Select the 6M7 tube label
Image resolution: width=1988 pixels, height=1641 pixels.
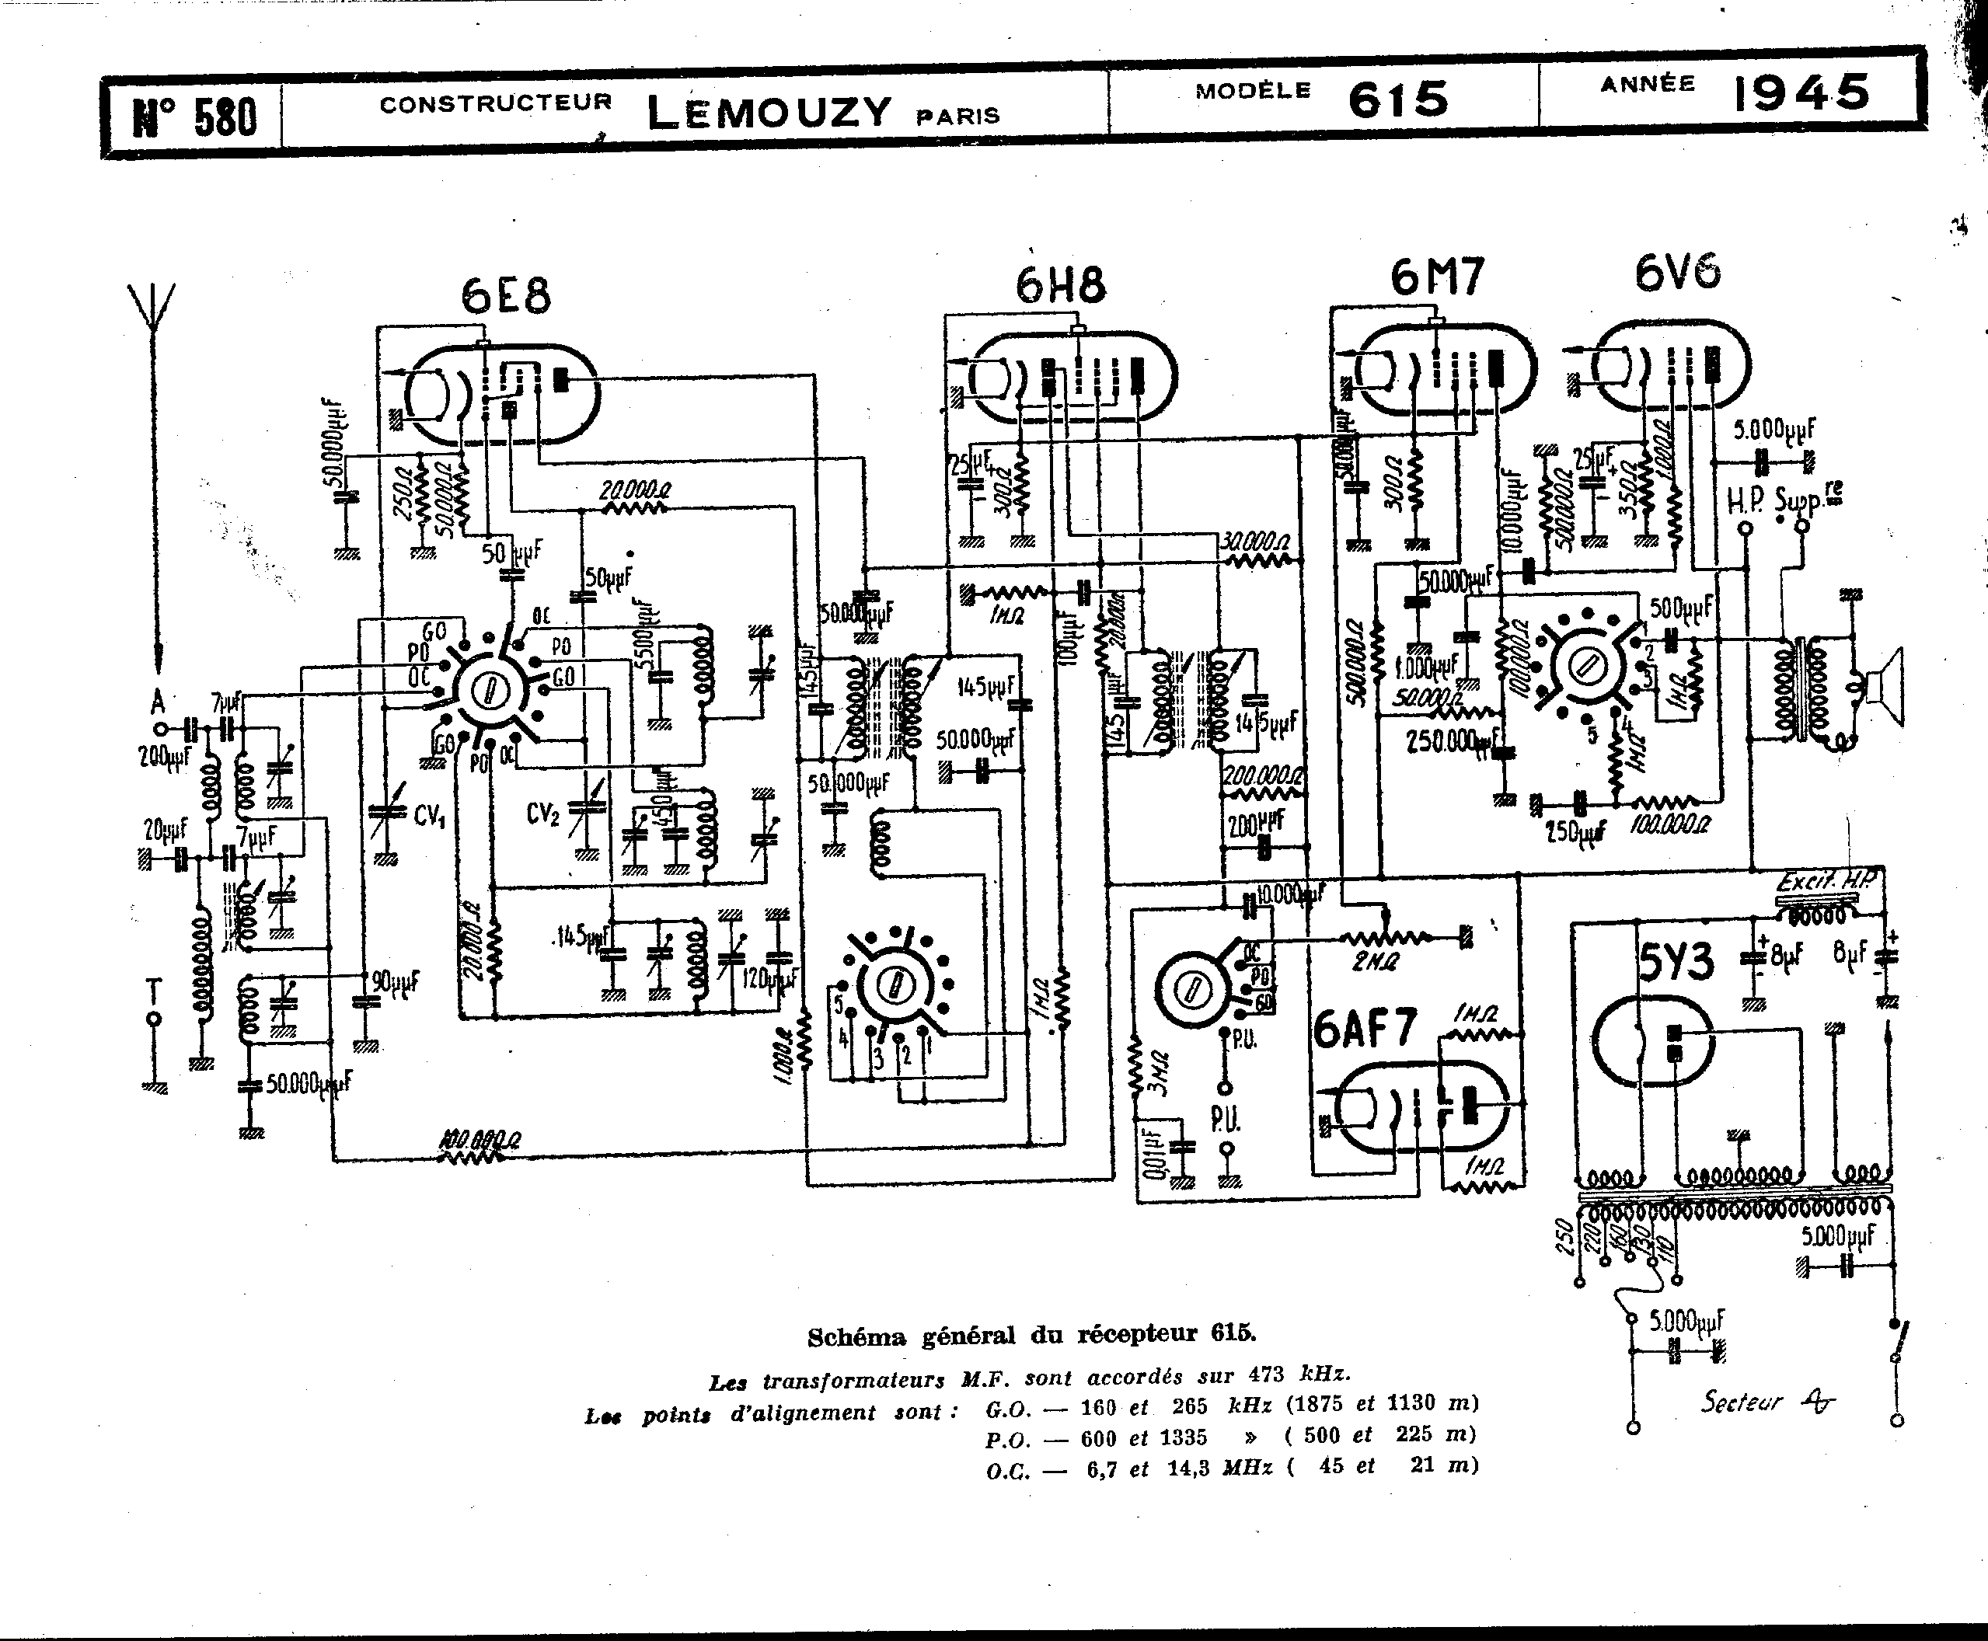pos(1437,277)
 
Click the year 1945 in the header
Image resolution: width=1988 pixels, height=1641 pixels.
pos(1801,93)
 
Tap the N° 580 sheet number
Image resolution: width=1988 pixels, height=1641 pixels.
pos(196,117)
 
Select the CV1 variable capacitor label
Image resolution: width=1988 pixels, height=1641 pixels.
pos(429,814)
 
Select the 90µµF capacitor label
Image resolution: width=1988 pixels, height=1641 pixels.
pos(395,982)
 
